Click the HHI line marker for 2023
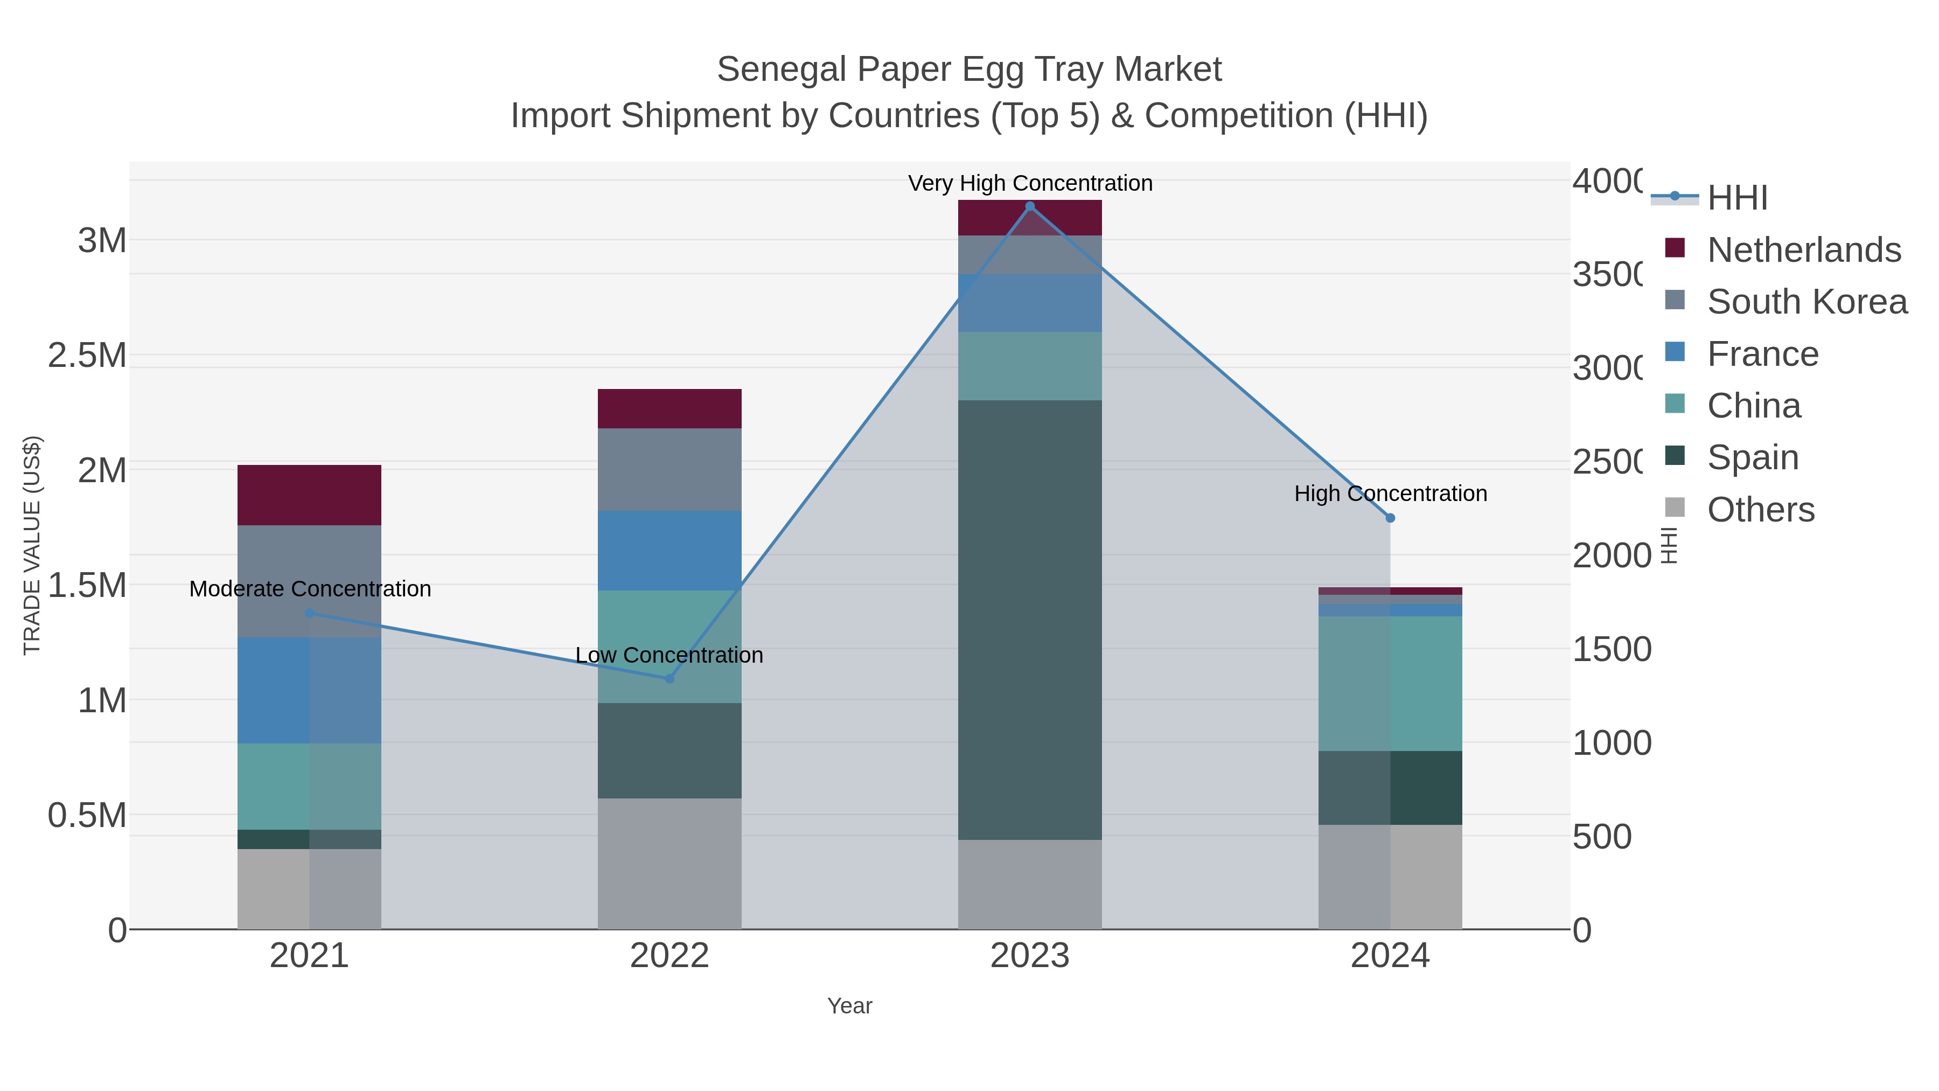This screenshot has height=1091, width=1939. click(x=1030, y=206)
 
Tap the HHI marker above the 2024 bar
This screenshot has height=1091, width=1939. click(x=1390, y=518)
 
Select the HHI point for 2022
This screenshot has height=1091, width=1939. click(x=669, y=678)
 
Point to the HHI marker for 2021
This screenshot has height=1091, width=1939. click(x=309, y=614)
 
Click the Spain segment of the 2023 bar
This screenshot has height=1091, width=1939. click(x=1030, y=620)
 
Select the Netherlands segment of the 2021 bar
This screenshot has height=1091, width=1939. click(x=309, y=495)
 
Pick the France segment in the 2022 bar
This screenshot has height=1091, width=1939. click(x=669, y=551)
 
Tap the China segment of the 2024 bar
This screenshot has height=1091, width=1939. click(x=1390, y=684)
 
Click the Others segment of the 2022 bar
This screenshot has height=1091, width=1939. click(x=669, y=863)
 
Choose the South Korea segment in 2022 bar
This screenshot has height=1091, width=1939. click(x=669, y=469)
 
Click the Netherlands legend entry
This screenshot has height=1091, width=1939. click(x=1803, y=250)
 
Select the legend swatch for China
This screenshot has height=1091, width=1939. click(x=1675, y=404)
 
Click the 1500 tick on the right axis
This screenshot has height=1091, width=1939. click(x=1612, y=649)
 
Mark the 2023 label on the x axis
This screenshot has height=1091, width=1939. click(x=1030, y=955)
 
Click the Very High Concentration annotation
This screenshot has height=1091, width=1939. click(x=1030, y=183)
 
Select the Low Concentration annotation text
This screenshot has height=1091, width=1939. click(x=669, y=655)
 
